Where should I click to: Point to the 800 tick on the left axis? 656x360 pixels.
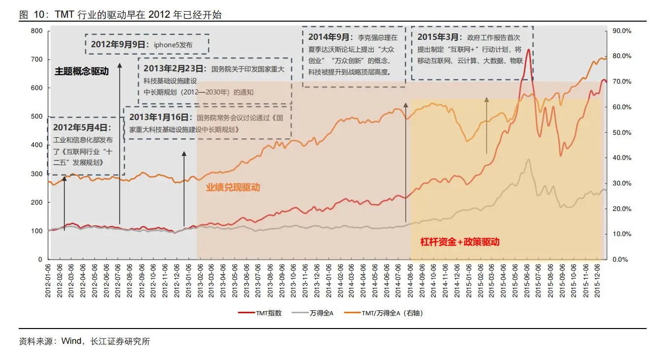pos(37,30)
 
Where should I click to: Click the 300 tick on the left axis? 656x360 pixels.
pos(37,174)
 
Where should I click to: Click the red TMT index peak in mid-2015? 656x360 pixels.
pos(528,49)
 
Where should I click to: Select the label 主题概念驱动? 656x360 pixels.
pos(82,71)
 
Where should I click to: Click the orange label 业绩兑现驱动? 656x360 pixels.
pos(233,187)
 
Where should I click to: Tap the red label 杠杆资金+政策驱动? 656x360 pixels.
pos(459,241)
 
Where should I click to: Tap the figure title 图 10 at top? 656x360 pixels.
pos(30,15)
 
